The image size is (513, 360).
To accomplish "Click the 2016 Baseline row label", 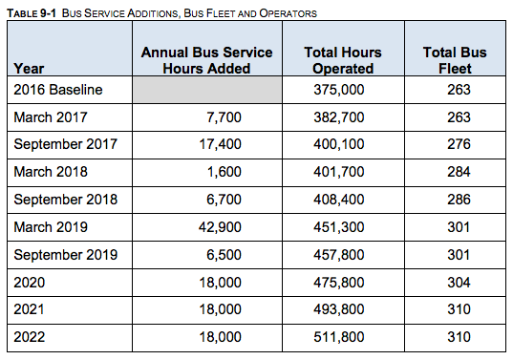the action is coord(58,89).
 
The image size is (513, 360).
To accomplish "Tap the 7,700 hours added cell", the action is coord(223,116).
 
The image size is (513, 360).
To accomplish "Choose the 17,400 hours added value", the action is coord(219,144).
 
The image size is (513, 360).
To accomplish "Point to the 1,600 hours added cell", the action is coord(223,172).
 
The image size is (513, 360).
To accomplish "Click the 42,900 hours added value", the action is coord(219,227).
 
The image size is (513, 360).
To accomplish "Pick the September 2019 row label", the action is coord(65,255).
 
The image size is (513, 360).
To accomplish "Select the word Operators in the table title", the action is coord(288,12).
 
